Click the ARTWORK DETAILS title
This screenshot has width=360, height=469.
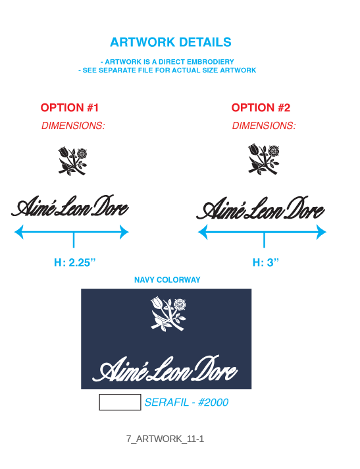click(x=170, y=42)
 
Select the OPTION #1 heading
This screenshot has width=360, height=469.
click(x=70, y=107)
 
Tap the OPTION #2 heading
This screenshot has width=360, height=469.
click(x=261, y=107)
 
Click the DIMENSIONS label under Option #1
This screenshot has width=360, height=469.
click(x=73, y=126)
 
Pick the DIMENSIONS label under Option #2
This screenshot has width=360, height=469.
click(x=264, y=126)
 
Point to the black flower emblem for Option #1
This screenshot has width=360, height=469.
click(x=72, y=161)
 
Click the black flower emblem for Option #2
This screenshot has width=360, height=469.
click(x=263, y=159)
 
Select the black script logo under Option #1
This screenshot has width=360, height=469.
click(x=70, y=206)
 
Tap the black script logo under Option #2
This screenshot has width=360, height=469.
click(x=261, y=208)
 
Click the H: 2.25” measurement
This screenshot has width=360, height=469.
click(x=74, y=263)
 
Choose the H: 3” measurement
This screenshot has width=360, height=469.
click(x=266, y=263)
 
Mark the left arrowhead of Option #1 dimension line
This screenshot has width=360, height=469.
click(x=19, y=232)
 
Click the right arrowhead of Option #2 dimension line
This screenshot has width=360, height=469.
click(x=321, y=232)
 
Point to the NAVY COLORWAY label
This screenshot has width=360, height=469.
click(x=167, y=280)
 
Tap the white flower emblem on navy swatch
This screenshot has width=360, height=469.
click(x=168, y=314)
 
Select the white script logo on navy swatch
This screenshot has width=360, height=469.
click(x=165, y=369)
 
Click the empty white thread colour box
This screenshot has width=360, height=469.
click(x=120, y=402)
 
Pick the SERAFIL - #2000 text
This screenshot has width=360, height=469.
click(x=186, y=402)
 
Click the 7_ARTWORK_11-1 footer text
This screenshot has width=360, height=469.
click(x=165, y=439)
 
